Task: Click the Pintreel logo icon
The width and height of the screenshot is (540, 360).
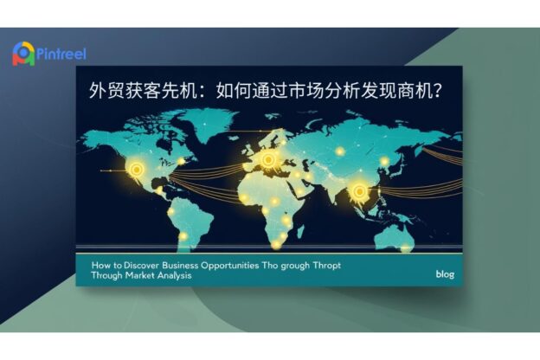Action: (x=23, y=54)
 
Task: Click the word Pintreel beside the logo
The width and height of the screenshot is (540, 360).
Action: (x=61, y=54)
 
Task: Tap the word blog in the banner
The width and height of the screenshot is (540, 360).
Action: (x=445, y=274)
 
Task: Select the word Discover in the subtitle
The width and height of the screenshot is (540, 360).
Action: (x=142, y=266)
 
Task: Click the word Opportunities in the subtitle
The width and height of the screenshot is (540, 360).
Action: (x=229, y=266)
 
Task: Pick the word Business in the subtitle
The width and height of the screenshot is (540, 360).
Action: (x=180, y=266)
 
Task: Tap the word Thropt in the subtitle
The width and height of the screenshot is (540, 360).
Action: (x=327, y=266)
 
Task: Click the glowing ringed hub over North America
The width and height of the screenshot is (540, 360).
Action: (x=137, y=170)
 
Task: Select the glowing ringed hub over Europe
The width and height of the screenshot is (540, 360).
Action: (x=268, y=159)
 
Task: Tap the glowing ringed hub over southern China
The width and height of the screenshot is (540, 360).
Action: (x=359, y=191)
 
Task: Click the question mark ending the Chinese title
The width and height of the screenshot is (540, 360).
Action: (x=437, y=91)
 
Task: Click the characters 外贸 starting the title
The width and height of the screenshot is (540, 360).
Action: (x=106, y=91)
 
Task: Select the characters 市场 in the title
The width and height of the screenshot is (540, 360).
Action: (x=306, y=91)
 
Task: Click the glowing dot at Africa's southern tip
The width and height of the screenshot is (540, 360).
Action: (x=276, y=244)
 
